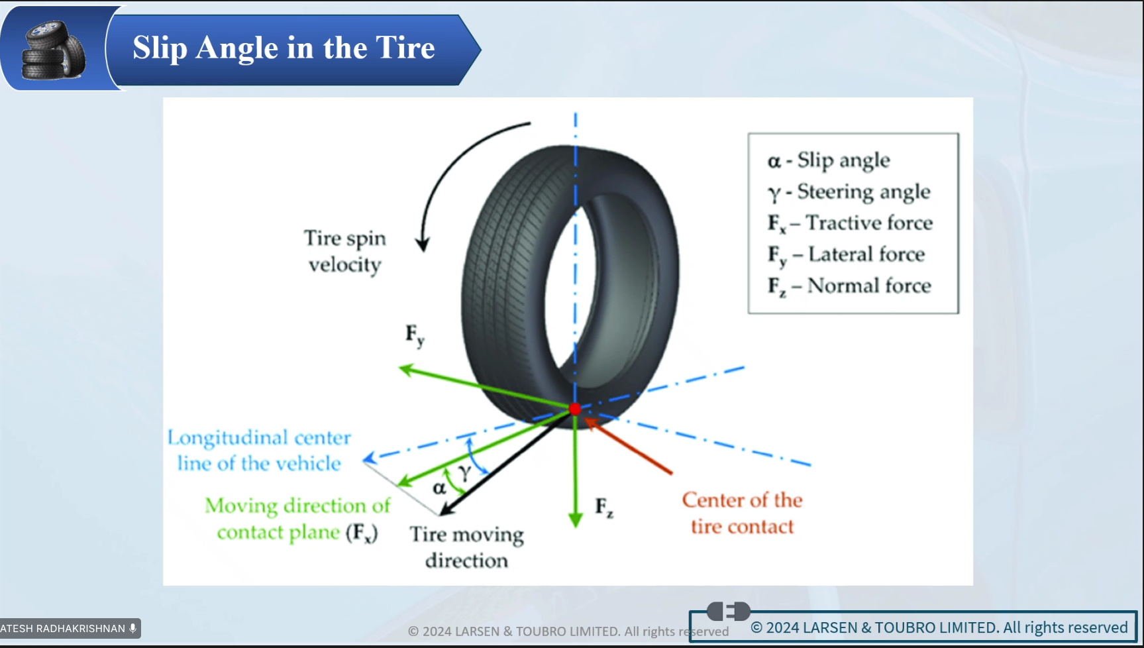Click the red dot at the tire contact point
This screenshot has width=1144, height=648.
click(x=575, y=409)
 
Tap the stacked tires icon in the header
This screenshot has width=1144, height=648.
click(x=53, y=50)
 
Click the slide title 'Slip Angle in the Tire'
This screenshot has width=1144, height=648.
click(x=284, y=48)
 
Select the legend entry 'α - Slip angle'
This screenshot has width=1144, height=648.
click(x=828, y=160)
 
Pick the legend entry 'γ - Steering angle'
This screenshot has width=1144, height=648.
click(x=849, y=192)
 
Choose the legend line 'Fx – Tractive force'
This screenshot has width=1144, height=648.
click(x=850, y=223)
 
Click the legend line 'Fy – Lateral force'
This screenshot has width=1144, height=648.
click(x=846, y=254)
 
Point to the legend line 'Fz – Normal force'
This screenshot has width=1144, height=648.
click(x=849, y=286)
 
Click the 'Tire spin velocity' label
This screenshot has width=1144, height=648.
click(x=344, y=251)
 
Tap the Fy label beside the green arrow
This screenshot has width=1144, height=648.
click(x=415, y=335)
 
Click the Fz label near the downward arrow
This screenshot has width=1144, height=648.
click(x=603, y=508)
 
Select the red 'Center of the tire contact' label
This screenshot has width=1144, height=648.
click(x=742, y=513)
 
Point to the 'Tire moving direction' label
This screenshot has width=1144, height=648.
click(x=467, y=547)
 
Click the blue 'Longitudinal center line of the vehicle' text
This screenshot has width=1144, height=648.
click(x=259, y=451)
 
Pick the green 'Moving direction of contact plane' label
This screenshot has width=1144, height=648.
click(x=297, y=519)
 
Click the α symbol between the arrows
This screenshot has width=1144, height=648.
click(x=439, y=488)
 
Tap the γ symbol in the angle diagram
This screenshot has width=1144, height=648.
click(x=464, y=472)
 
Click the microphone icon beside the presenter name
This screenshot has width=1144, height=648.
click(x=133, y=628)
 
